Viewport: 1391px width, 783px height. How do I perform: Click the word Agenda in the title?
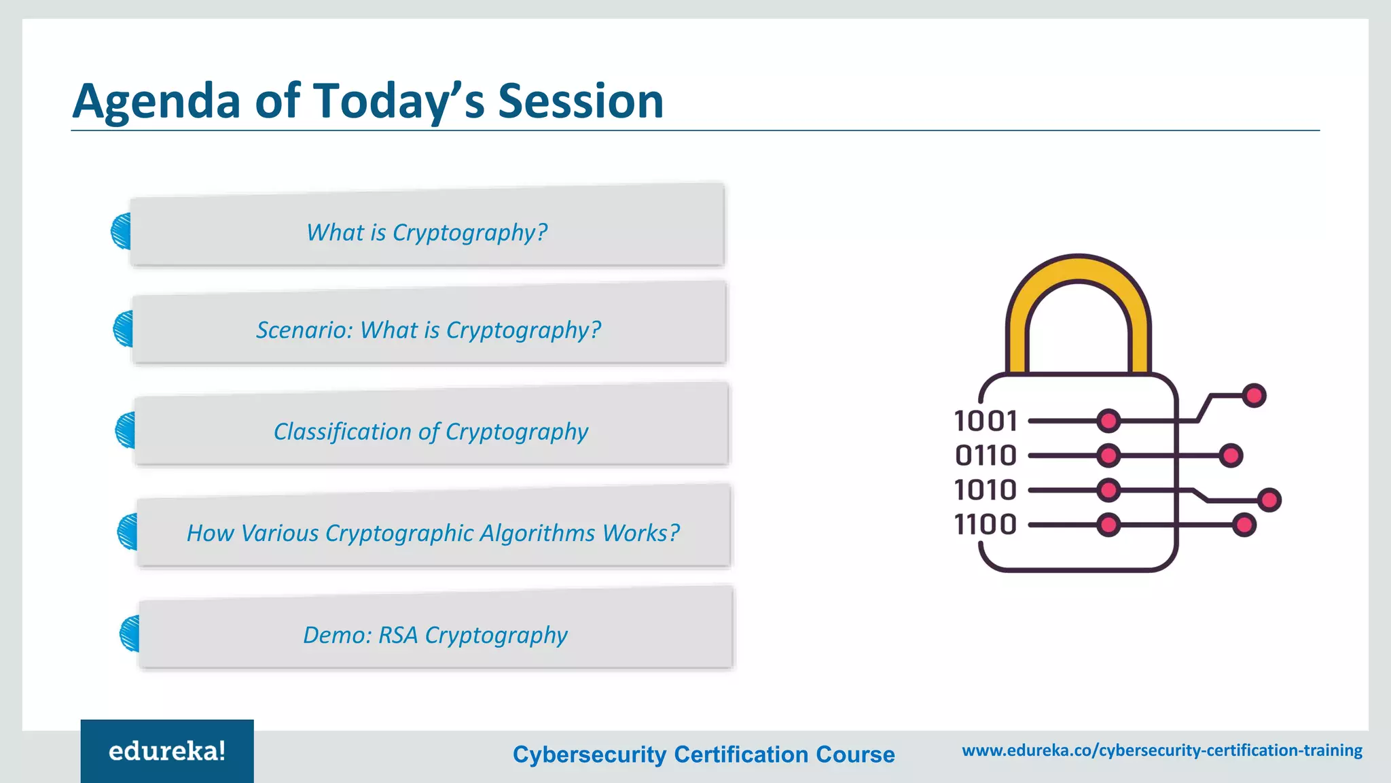point(156,102)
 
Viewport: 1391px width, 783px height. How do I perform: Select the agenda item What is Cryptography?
point(427,232)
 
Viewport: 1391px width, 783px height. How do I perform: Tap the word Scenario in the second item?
point(302,330)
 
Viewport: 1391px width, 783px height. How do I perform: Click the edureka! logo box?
point(167,751)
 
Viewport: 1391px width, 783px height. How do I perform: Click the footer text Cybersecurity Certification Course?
point(704,754)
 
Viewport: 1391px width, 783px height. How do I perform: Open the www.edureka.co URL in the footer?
point(1161,750)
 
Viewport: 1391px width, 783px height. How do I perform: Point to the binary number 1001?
point(986,421)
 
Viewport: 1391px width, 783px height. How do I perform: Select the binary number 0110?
point(986,455)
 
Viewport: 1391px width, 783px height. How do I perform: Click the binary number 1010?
point(986,490)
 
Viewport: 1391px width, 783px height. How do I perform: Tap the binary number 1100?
point(986,525)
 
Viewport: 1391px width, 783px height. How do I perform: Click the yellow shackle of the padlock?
point(1079,272)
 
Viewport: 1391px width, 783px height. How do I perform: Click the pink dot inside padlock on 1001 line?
point(1108,421)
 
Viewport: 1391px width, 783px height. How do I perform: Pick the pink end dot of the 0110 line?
point(1231,455)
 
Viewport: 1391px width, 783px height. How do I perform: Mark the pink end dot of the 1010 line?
point(1269,500)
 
